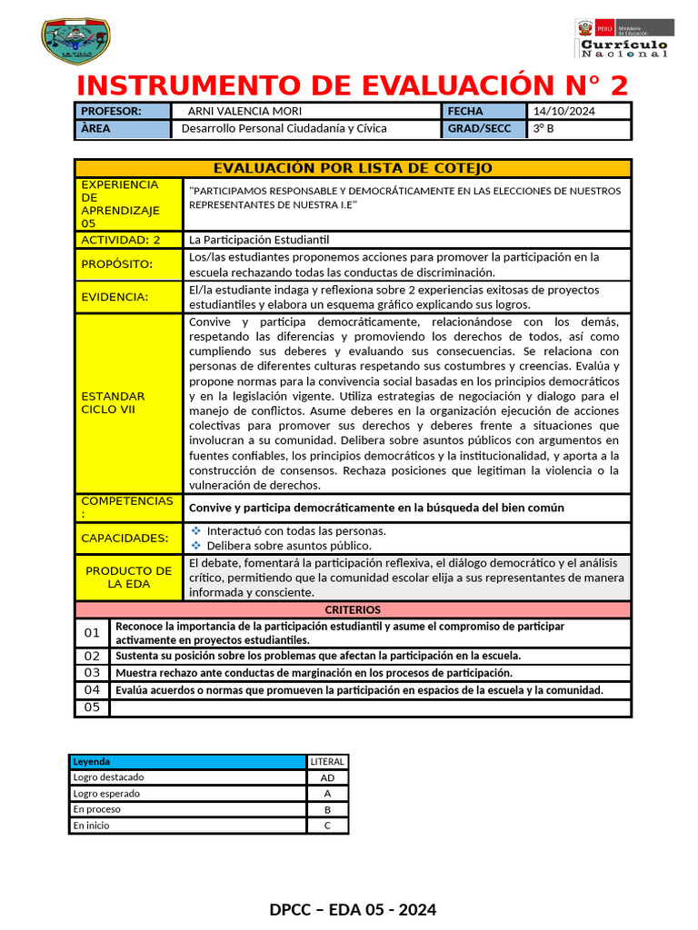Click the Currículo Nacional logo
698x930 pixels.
click(624, 39)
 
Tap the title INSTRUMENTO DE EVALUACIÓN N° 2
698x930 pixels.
click(353, 85)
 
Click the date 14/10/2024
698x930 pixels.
click(563, 111)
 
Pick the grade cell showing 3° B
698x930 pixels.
click(544, 129)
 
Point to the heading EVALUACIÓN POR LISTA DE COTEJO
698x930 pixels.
click(353, 168)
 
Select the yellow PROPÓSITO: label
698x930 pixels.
click(117, 264)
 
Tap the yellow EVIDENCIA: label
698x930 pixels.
click(115, 297)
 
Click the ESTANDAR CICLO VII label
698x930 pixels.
click(114, 403)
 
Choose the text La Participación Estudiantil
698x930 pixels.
click(258, 240)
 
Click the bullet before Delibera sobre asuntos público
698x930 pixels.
click(195, 546)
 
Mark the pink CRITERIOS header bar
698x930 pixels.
click(353, 609)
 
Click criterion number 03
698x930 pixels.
click(92, 673)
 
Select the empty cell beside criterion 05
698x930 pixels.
click(369, 707)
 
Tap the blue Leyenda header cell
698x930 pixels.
click(187, 762)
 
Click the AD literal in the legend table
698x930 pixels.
click(327, 777)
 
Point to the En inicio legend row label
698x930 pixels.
click(92, 826)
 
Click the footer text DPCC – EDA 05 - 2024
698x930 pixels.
click(353, 909)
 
